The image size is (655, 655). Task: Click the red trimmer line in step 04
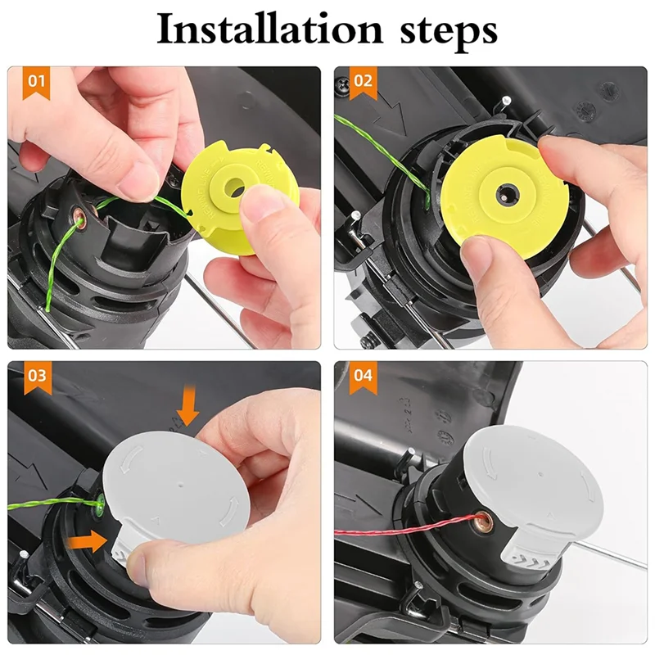tap(393, 531)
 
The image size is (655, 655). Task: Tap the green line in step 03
tap(49, 504)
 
